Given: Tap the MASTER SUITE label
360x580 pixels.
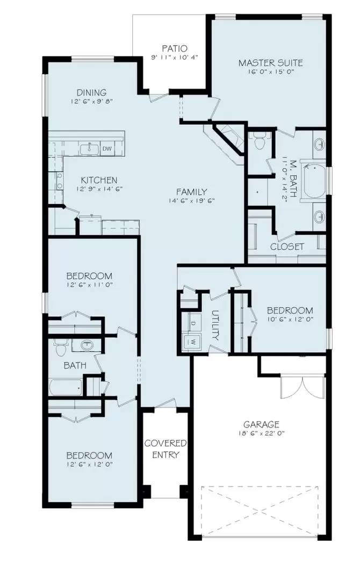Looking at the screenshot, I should pyautogui.click(x=270, y=63).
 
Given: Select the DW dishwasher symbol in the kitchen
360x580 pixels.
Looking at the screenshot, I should pyautogui.click(x=107, y=148).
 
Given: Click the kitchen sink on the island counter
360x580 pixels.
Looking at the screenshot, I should pyautogui.click(x=87, y=148).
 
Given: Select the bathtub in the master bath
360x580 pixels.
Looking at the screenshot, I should pyautogui.click(x=314, y=180).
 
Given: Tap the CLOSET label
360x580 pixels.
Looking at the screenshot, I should pyautogui.click(x=287, y=247).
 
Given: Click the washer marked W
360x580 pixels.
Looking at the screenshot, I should pyautogui.click(x=192, y=340).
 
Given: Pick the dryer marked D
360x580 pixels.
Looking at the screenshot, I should pyautogui.click(x=192, y=324).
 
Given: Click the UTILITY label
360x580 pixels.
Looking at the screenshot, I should pyautogui.click(x=215, y=325).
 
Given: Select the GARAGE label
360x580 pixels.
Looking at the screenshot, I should pyautogui.click(x=261, y=424).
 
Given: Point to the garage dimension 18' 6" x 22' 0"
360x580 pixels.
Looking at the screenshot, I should pyautogui.click(x=261, y=433).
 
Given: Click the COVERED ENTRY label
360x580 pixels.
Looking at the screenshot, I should pyautogui.click(x=165, y=449).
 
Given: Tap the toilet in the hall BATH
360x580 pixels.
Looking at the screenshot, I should pyautogui.click(x=61, y=349).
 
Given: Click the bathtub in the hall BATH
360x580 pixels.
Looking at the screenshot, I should pyautogui.click(x=65, y=386).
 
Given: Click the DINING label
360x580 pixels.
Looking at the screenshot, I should pyautogui.click(x=91, y=92).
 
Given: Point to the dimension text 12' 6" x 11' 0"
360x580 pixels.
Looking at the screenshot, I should pyautogui.click(x=90, y=284).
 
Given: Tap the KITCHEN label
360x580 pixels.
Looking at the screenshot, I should pyautogui.click(x=99, y=180).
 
